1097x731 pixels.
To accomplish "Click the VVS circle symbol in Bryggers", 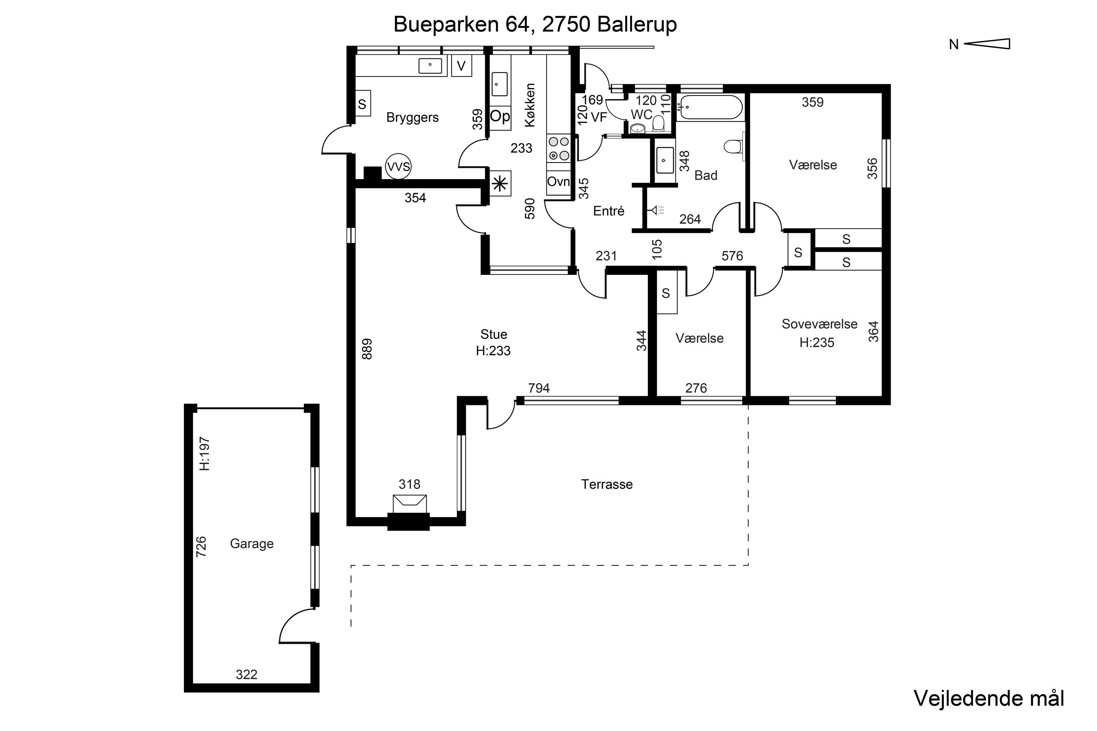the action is point(398,166).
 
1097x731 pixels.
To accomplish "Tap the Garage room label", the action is point(252,543).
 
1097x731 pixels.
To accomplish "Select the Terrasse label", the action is point(607,484).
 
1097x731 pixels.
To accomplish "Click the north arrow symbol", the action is point(987,44).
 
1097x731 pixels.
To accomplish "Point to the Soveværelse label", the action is point(819,324).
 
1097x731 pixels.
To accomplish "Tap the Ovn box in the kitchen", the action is point(559,182).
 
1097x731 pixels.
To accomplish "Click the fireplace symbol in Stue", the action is point(410,504).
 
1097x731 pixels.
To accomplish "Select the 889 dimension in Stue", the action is point(367,349).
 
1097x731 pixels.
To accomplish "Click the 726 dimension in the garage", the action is point(201,547).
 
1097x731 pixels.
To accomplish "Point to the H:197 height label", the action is point(205,454).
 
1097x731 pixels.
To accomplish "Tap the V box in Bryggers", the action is point(461,66).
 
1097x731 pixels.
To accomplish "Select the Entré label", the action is point(609,211).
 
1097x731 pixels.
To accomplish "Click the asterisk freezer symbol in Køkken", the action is point(500,184).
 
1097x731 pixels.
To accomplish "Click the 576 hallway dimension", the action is point(732,256).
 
